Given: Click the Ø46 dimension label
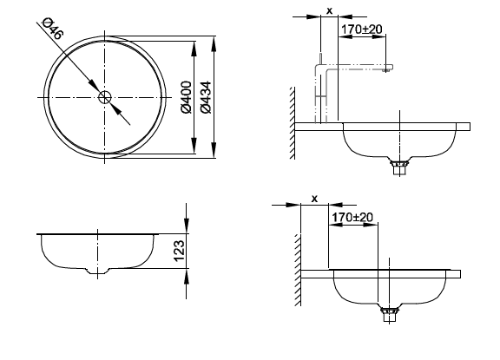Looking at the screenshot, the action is pyautogui.click(x=53, y=29).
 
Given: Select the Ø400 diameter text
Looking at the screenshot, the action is pyautogui.click(x=186, y=97).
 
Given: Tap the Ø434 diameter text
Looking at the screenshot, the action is pyautogui.click(x=206, y=97).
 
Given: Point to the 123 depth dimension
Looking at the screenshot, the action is pyautogui.click(x=179, y=251).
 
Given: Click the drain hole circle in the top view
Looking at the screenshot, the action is pyautogui.click(x=104, y=97).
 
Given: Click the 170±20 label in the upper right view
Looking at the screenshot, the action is pyautogui.click(x=362, y=29).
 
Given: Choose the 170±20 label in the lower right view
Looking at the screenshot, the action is pyautogui.click(x=352, y=217).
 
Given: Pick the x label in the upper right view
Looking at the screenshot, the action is pyautogui.click(x=329, y=10).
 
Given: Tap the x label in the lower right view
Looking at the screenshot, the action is pyautogui.click(x=314, y=199).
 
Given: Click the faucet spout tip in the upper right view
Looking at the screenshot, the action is pyautogui.click(x=387, y=68).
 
